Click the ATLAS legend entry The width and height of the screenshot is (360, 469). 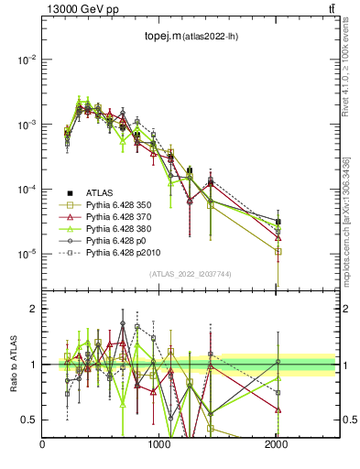101,192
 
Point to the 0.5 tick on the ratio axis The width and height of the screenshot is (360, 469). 31,420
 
